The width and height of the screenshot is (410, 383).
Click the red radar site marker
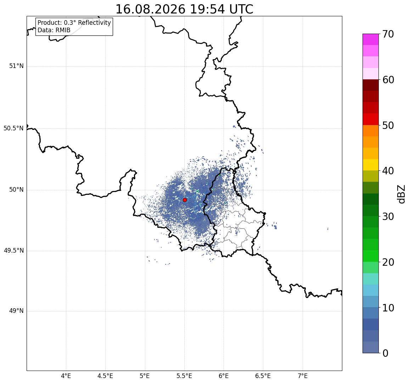(185, 200)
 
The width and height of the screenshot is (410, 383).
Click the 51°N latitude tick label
(16, 66)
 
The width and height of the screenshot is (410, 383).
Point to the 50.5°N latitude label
(13, 128)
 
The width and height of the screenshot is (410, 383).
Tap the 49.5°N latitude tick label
(13, 251)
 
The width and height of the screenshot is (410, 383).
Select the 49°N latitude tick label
(16, 311)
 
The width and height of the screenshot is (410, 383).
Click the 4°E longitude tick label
(66, 376)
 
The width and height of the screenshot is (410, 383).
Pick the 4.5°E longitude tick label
(105, 376)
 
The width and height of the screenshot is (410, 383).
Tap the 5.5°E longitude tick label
(184, 376)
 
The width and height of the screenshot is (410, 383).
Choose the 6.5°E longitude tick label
(263, 376)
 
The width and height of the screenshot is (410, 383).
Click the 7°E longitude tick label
(303, 376)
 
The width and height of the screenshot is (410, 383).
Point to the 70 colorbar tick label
(388, 34)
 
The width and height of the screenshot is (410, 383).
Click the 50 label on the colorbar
(388, 125)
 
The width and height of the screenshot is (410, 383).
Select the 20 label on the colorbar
(388, 262)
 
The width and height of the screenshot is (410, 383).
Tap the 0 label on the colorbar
(385, 353)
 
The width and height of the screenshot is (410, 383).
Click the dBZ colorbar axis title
(401, 194)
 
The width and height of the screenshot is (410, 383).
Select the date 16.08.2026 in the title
(150, 10)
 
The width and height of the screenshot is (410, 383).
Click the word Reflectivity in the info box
(94, 23)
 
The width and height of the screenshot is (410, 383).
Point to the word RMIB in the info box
(63, 30)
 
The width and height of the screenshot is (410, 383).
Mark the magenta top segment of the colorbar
(371, 39)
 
